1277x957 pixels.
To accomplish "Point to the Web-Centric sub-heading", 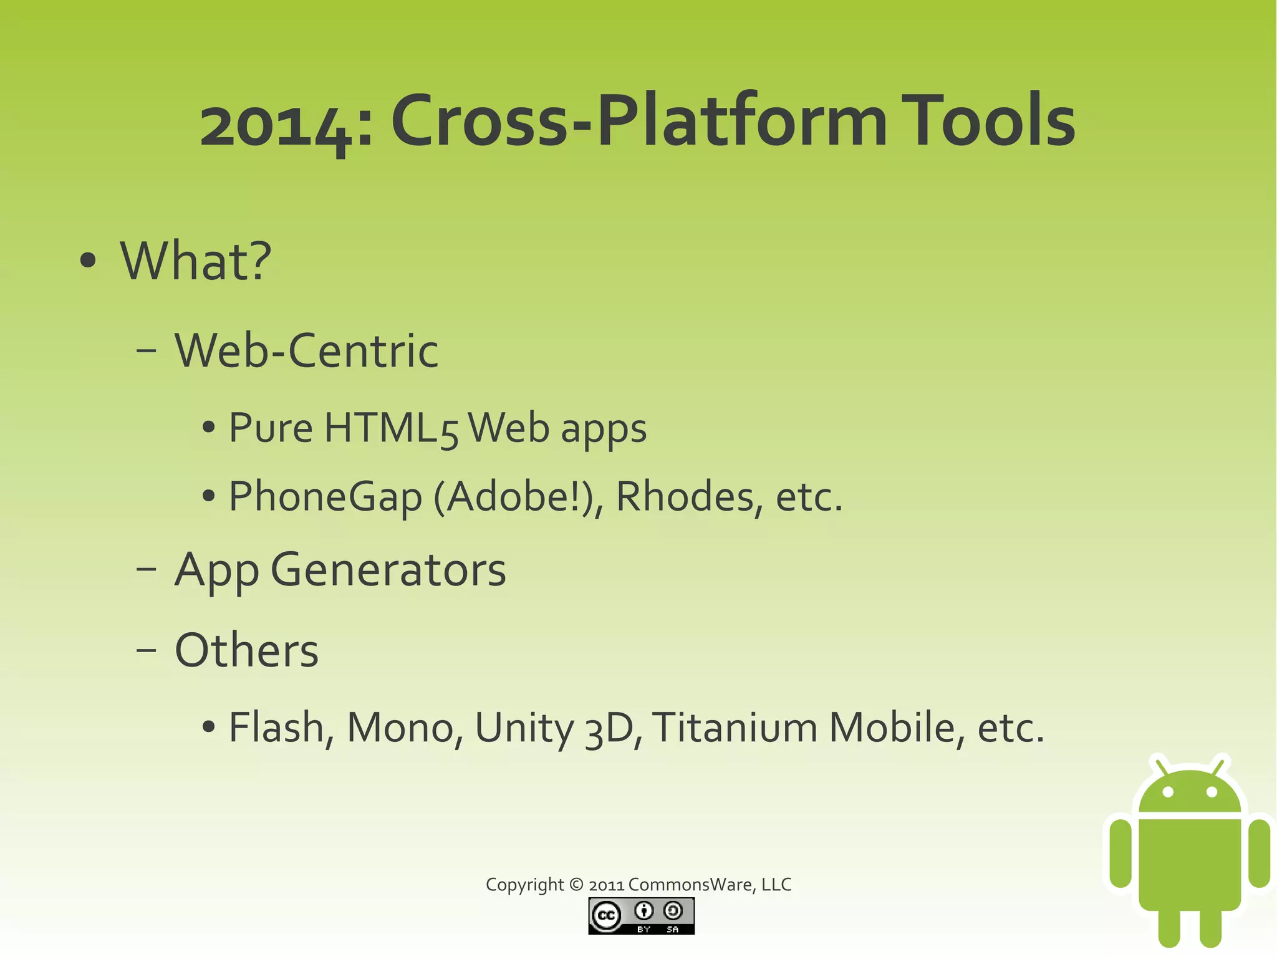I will [x=306, y=350].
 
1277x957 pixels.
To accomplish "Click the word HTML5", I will [x=391, y=429].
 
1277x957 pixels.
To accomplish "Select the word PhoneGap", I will [x=325, y=498].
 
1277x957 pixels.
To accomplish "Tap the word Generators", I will [x=388, y=570].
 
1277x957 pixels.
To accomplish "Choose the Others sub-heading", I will [x=246, y=651].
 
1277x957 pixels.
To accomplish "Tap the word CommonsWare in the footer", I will [x=692, y=885].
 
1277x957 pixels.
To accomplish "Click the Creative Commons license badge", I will [x=641, y=916].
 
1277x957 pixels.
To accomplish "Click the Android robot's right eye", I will [x=1212, y=792].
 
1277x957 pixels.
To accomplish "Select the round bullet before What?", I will [x=89, y=261].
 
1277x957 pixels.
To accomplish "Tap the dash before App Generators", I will [x=146, y=570].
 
